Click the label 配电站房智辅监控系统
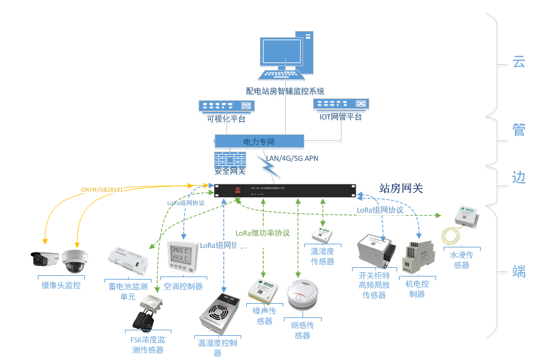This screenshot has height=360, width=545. click(x=285, y=91)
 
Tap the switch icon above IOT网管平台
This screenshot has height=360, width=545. click(x=340, y=104)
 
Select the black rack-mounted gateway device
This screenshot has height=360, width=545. click(x=285, y=191)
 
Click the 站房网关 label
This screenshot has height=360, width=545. click(x=401, y=188)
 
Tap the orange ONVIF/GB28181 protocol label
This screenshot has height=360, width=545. click(x=102, y=189)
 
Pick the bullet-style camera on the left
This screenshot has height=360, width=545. click(x=46, y=259)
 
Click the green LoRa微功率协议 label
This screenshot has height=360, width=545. click(x=262, y=233)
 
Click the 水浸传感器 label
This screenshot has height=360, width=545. click(x=461, y=260)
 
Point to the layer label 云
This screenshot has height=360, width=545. click(x=518, y=61)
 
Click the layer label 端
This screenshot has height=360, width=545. click(x=518, y=271)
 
